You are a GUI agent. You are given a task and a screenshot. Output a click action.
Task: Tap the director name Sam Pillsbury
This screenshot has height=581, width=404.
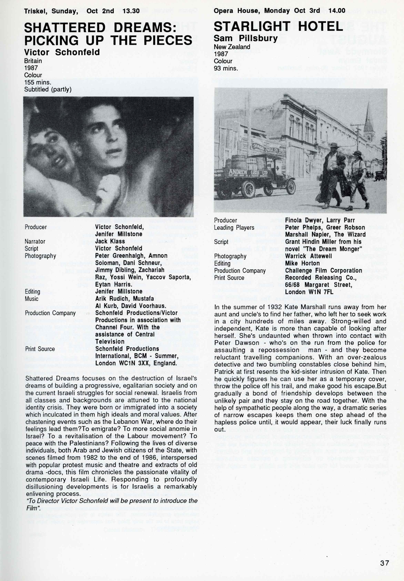click(x=246, y=38)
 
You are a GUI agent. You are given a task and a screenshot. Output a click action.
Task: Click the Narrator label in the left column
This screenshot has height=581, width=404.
click(x=35, y=241)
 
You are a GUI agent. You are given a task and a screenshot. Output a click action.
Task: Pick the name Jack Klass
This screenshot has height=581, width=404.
click(x=110, y=241)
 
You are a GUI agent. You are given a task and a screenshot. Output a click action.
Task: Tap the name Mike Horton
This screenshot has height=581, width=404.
click(x=302, y=263)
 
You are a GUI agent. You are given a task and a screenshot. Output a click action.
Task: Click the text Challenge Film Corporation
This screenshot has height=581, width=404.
click(x=324, y=270)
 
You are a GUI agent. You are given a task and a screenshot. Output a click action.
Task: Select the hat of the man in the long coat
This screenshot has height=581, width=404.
click(x=334, y=145)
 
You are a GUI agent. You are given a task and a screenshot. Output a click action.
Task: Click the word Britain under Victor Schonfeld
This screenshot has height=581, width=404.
click(x=33, y=61)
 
